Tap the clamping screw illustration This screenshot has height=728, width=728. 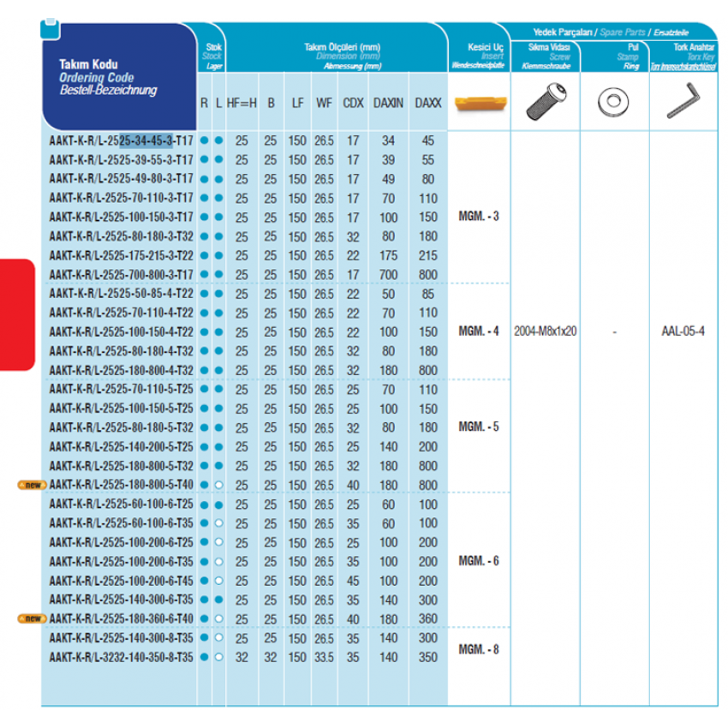tap(545, 101)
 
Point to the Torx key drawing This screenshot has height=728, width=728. tap(680, 101)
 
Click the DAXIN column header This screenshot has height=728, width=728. tap(388, 103)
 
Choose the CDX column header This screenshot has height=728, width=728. tap(352, 103)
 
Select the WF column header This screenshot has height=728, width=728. tap(324, 103)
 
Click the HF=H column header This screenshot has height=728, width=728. tap(242, 103)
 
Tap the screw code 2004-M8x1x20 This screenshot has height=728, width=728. tap(546, 331)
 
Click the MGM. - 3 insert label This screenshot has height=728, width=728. tap(479, 216)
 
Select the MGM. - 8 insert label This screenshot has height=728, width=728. tap(479, 649)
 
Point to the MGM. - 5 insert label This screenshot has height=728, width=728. tap(479, 427)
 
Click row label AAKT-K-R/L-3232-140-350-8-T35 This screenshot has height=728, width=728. tap(121, 657)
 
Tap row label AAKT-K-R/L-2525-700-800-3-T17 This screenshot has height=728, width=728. tap(121, 274)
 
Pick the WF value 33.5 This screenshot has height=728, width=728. tap(324, 657)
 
